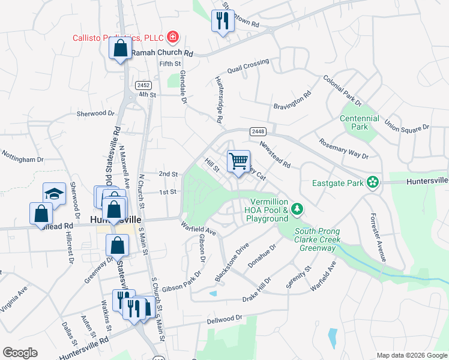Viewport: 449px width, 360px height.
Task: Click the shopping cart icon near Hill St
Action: pyautogui.click(x=238, y=161)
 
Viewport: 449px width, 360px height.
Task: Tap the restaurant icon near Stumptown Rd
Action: pyautogui.click(x=222, y=21)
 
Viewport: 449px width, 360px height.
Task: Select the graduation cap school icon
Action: pyautogui.click(x=53, y=193)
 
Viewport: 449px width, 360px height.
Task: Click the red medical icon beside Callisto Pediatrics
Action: pyautogui.click(x=173, y=37)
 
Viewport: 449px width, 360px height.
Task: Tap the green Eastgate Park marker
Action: pyautogui.click(x=373, y=181)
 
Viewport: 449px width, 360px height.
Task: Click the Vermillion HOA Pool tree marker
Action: pyautogui.click(x=296, y=209)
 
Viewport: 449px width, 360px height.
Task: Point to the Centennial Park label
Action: pyautogui.click(x=359, y=123)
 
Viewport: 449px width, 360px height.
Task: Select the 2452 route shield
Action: pyautogui.click(x=143, y=85)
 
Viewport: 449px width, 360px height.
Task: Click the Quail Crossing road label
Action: pyautogui.click(x=248, y=65)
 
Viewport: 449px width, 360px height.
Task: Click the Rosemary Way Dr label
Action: pyautogui.click(x=343, y=149)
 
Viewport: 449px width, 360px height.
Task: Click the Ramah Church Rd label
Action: pyautogui.click(x=161, y=53)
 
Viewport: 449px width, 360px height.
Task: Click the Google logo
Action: pyautogui.click(x=20, y=353)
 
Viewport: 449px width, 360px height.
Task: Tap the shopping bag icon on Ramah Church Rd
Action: pyautogui.click(x=120, y=49)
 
